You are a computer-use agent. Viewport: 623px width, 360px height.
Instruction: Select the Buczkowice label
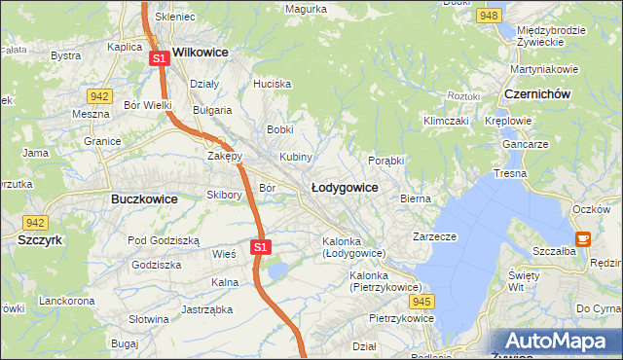point(137,198)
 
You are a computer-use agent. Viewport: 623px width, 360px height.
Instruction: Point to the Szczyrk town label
point(40,238)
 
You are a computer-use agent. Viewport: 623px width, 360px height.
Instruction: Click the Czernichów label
point(537,93)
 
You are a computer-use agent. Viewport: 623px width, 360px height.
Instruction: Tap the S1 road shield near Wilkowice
point(160,59)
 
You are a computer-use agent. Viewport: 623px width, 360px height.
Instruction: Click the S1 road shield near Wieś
point(259,247)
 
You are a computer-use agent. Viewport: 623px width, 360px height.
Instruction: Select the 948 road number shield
point(490,16)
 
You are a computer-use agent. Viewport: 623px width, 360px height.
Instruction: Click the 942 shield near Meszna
point(98,95)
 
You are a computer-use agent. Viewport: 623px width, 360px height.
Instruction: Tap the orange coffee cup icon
point(583,237)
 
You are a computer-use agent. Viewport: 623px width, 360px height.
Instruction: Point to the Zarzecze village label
point(434,236)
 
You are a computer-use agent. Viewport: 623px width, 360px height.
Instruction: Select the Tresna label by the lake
point(509,173)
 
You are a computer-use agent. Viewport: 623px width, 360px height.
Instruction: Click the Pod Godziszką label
point(164,240)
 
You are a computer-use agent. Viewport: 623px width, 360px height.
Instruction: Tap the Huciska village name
point(272,85)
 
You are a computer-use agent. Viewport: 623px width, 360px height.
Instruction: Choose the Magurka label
point(305,10)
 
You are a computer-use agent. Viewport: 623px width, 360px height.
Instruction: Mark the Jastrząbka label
point(204,310)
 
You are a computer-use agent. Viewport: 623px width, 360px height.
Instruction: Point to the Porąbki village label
point(386,161)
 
